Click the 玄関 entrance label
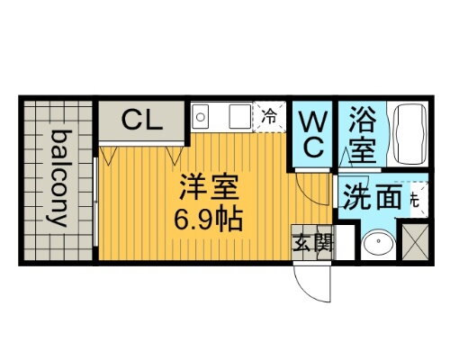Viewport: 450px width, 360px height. coord(310,243)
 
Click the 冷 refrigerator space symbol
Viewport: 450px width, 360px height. coord(269,116)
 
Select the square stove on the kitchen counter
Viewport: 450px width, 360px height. coord(239,116)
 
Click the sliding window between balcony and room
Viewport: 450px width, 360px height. coord(95,199)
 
